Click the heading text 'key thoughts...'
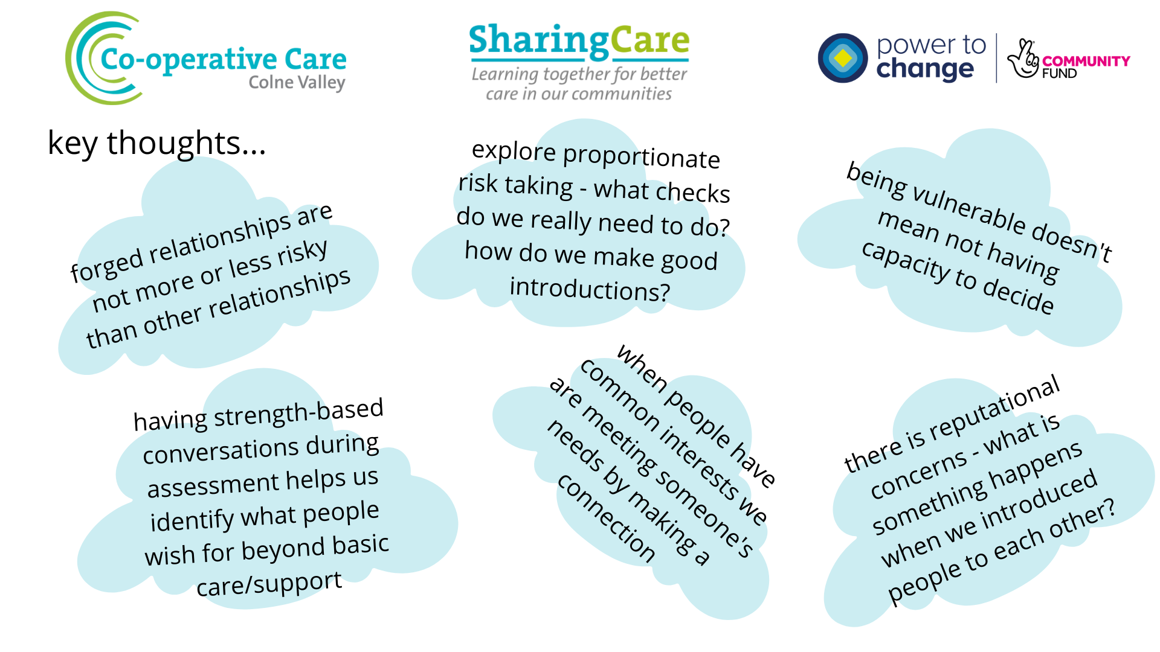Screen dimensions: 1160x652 coord(156,144)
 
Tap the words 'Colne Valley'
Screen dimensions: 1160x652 coord(297,83)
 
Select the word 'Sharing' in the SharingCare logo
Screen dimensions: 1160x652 coord(539,41)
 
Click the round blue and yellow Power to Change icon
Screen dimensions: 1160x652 coord(843,58)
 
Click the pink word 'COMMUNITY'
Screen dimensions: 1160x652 coord(1086,61)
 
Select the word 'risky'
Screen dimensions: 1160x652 coord(303,254)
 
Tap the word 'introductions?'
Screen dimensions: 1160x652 coord(590,289)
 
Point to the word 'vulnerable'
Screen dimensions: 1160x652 coord(969,208)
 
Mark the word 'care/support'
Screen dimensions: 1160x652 coord(269,583)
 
